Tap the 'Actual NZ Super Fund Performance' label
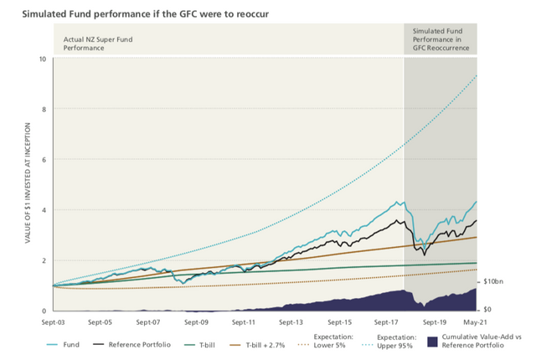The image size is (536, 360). [98, 44]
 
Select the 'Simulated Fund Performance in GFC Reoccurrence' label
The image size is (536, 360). [440, 39]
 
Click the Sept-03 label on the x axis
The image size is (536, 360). [54, 321]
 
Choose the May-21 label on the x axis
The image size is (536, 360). [475, 321]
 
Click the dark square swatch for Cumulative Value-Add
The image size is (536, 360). [433, 342]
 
